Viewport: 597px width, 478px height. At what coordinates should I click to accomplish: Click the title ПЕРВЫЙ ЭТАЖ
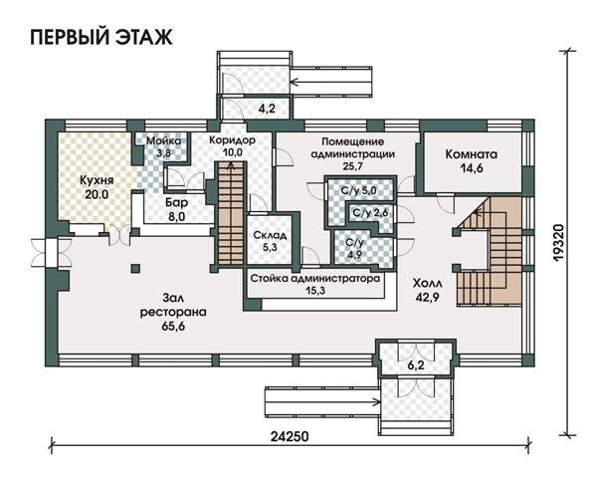[x=101, y=38]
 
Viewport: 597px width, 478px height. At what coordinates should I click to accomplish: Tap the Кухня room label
[x=97, y=180]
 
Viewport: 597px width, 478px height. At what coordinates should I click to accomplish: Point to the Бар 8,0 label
[x=176, y=209]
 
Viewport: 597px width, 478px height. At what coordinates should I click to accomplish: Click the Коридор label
[x=232, y=140]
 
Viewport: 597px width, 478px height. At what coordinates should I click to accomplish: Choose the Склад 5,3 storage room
[x=270, y=241]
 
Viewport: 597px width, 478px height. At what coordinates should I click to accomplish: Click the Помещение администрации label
[x=353, y=148]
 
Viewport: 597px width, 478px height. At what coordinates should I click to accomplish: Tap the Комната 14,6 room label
[x=472, y=161]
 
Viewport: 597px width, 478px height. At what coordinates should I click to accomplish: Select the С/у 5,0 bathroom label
[x=359, y=190]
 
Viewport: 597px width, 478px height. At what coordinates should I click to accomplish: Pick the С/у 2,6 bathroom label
[x=370, y=213]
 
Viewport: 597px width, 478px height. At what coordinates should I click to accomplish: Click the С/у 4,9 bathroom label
[x=354, y=249]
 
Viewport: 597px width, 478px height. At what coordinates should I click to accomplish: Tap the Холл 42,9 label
[x=428, y=290]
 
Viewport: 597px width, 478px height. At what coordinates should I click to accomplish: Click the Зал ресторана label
[x=173, y=312]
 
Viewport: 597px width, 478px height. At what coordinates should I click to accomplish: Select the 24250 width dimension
[x=290, y=436]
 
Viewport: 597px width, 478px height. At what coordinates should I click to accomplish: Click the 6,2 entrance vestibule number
[x=416, y=365]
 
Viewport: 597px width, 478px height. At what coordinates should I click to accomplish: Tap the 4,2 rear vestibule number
[x=267, y=109]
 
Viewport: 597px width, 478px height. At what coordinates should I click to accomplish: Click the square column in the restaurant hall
[x=135, y=268]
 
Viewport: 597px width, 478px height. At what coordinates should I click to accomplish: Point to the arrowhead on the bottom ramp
[x=377, y=401]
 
